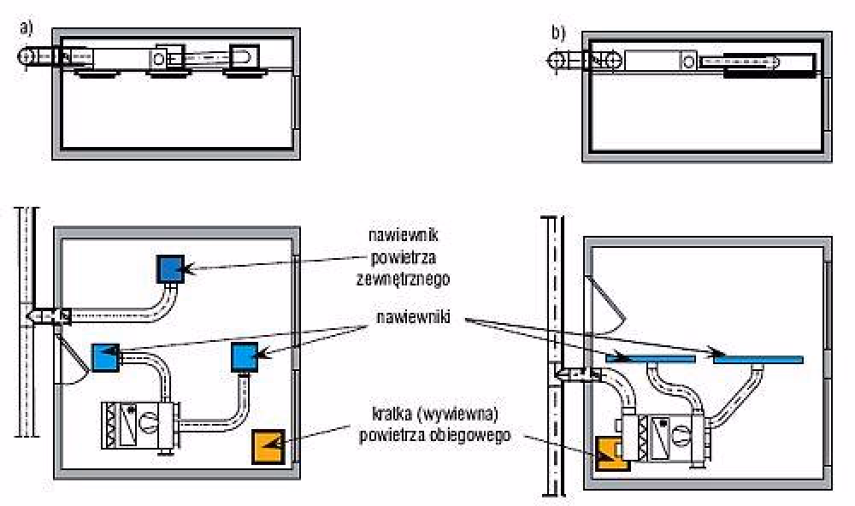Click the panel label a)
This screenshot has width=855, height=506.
coord(27,26)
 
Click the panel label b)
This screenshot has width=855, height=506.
coord(558,33)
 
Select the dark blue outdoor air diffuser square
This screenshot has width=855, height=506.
coord(170,269)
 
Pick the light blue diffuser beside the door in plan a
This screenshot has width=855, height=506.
coord(105,356)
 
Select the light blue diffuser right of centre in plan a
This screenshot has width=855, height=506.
coord(245,356)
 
